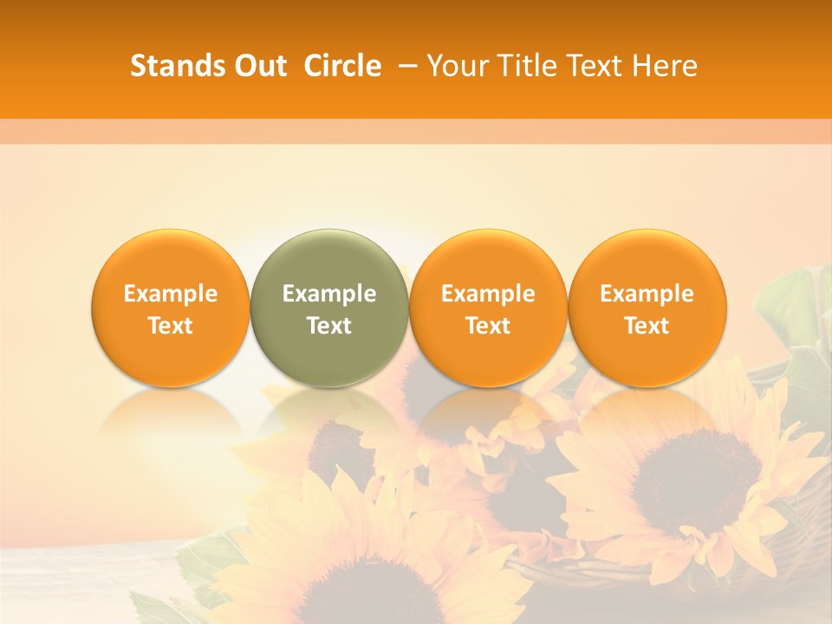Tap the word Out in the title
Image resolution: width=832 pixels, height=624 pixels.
[258, 66]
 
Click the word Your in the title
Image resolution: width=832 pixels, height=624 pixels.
[455, 66]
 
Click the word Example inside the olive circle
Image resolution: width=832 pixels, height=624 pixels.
[329, 294]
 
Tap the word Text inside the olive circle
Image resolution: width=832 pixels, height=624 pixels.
[329, 326]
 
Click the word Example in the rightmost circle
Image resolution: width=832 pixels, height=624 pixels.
[647, 294]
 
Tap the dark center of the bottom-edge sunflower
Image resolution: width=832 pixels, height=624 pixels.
[381, 598]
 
